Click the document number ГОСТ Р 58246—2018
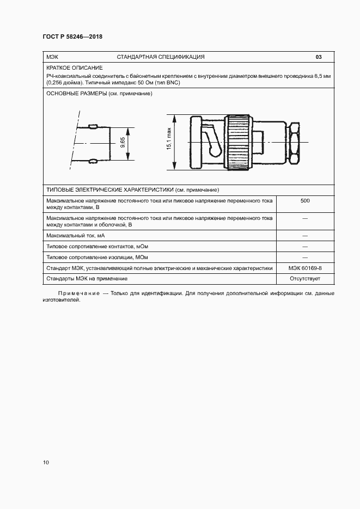[72, 37]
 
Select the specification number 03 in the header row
[319, 57]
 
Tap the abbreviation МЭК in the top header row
[53, 57]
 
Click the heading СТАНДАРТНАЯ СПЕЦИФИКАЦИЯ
[161, 57]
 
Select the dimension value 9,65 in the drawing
[123, 143]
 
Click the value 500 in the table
[305, 201]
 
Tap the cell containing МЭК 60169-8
[305, 268]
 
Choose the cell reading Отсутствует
[305, 279]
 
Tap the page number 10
[46, 463]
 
